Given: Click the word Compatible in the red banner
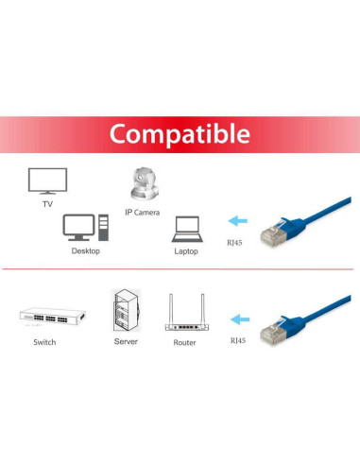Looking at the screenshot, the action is click(x=179, y=133).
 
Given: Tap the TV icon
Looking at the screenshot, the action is click(x=47, y=181).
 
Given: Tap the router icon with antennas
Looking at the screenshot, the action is click(x=185, y=314).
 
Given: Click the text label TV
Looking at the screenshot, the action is click(x=46, y=203).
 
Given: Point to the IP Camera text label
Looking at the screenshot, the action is click(x=148, y=213).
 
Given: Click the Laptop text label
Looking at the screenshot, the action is click(x=186, y=252).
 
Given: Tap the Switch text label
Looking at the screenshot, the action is click(x=44, y=341).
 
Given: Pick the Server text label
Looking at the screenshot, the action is click(x=126, y=341).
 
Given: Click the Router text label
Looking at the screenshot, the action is click(x=185, y=342).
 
